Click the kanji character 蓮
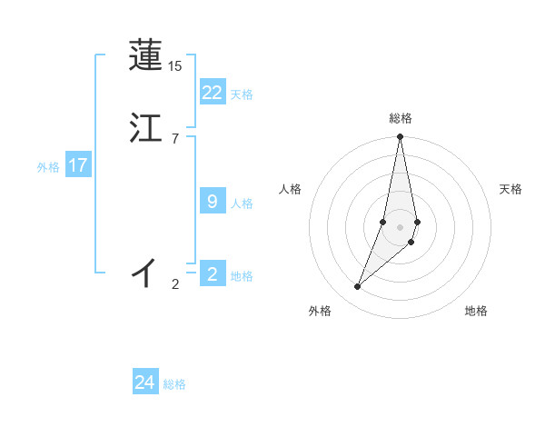(145, 55)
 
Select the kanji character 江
(145, 128)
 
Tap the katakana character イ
(145, 272)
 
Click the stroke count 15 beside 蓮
(174, 66)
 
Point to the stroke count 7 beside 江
(174, 138)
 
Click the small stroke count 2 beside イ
(174, 284)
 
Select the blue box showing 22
(213, 93)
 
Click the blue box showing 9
(213, 202)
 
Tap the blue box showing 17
(78, 165)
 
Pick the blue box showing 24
(145, 382)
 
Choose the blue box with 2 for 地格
(213, 274)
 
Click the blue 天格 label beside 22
(242, 94)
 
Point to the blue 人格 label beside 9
(242, 204)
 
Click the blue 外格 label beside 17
(48, 167)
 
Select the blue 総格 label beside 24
(174, 384)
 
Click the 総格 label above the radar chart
(400, 118)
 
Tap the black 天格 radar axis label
(510, 189)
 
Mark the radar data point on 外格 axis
(357, 287)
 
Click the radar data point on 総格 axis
(400, 137)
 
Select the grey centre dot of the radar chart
(400, 226)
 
